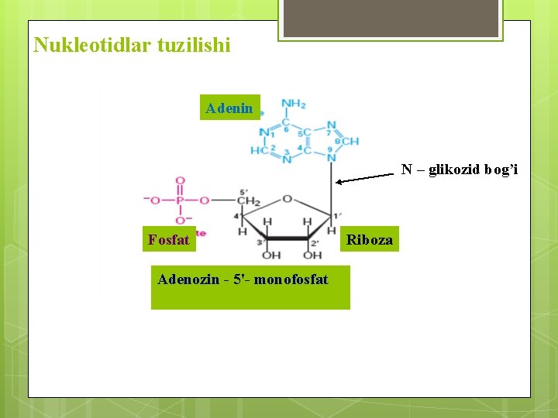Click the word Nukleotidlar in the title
[x=86, y=46]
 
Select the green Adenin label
[x=229, y=108]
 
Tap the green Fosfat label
[x=168, y=240]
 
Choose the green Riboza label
[x=369, y=240]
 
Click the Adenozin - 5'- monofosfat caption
[x=243, y=279]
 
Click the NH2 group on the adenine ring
[x=293, y=104]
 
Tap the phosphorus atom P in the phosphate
[x=180, y=200]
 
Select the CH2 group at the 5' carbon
[x=248, y=200]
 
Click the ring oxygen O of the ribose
[x=287, y=200]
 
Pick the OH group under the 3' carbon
[x=271, y=255]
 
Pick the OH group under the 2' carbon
[x=312, y=255]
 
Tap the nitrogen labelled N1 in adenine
[x=263, y=132]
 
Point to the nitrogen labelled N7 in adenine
[x=331, y=125]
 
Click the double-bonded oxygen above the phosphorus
[x=180, y=181]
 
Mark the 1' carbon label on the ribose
[x=336, y=214]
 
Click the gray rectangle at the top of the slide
[x=390, y=19]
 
